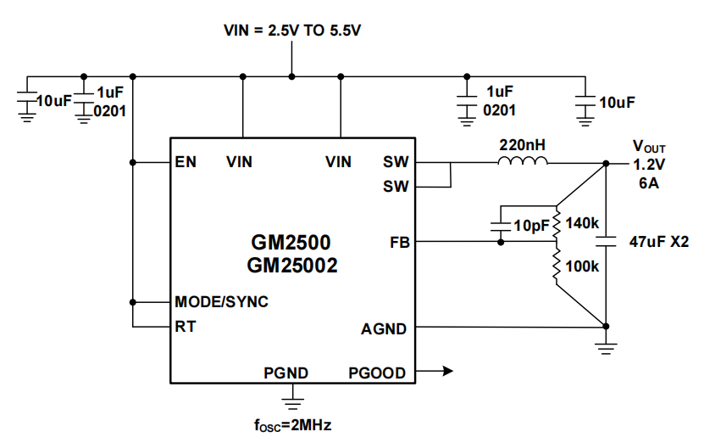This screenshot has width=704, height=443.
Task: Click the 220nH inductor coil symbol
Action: point(522,161)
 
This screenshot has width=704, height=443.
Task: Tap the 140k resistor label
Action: point(582,223)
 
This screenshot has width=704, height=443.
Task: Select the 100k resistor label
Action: point(582,266)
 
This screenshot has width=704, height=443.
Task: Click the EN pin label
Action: point(186,162)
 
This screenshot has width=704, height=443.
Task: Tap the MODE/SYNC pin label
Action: point(221,302)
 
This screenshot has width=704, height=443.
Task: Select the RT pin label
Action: point(185,326)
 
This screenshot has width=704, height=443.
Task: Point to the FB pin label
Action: point(398,243)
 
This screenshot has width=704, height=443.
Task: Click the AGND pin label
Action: point(384,328)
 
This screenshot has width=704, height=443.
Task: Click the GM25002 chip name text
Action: point(292,266)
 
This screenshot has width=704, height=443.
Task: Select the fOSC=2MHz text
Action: point(292,424)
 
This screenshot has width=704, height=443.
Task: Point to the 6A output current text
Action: point(648,183)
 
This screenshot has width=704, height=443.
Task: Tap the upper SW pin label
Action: point(395,162)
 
